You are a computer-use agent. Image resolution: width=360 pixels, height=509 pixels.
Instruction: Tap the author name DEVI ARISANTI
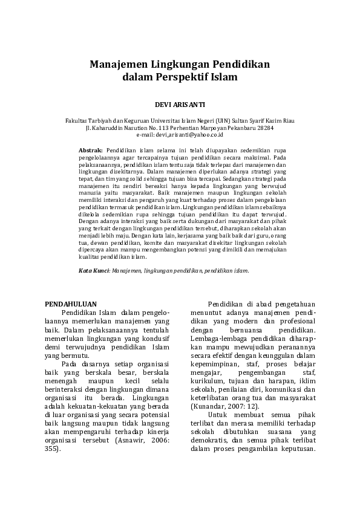tap(180, 105)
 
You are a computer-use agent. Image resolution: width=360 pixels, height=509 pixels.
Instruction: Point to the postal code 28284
tap(264, 128)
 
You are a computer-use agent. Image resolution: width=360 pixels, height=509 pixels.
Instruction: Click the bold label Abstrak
tap(91, 148)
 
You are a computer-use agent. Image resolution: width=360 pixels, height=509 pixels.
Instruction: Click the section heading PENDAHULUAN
tap(72, 303)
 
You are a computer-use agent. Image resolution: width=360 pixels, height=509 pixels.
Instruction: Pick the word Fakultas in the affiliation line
tap(76, 121)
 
